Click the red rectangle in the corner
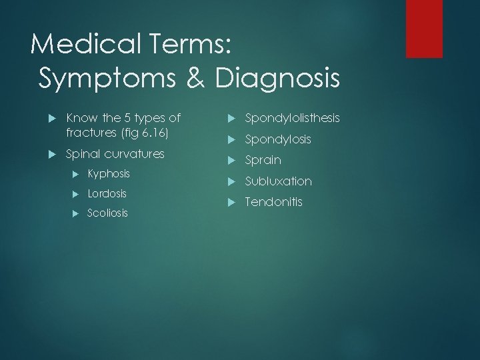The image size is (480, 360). (x=424, y=28)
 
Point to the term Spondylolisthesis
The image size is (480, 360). (x=292, y=118)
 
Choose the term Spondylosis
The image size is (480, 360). (x=278, y=139)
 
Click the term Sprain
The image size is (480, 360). (x=263, y=160)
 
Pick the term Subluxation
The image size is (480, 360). (x=278, y=181)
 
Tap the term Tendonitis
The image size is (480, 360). (x=273, y=202)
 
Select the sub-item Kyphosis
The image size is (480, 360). (x=109, y=174)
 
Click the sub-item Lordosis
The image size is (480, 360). (x=107, y=194)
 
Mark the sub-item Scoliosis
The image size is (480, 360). (x=108, y=214)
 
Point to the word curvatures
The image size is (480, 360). (x=132, y=153)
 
